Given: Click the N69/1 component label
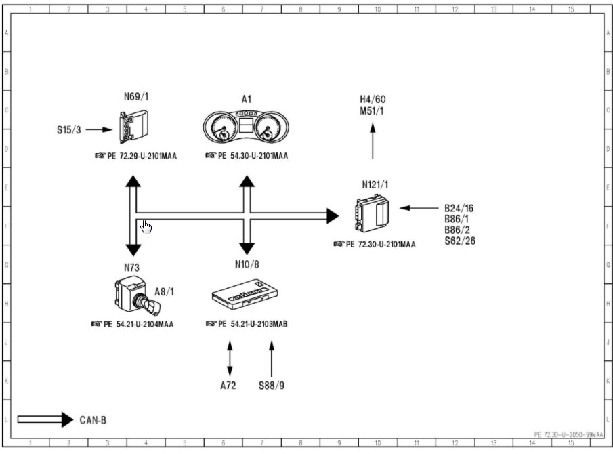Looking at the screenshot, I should tap(135, 96).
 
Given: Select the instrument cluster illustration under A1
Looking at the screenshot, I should tap(247, 127).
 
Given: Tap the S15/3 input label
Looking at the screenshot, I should tap(68, 129).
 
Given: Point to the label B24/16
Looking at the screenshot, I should tap(459, 208).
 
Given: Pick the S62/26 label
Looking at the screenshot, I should tap(459, 241).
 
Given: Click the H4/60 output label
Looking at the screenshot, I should tap(373, 100).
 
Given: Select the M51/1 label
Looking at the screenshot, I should tap(373, 111).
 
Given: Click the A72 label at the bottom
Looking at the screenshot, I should tap(230, 386).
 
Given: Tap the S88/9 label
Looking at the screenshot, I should tap(271, 386).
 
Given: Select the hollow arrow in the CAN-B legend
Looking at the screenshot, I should tap(45, 420).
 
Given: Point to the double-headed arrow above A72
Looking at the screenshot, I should tap(230, 358).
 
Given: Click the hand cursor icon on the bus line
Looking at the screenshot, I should tap(146, 227).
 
